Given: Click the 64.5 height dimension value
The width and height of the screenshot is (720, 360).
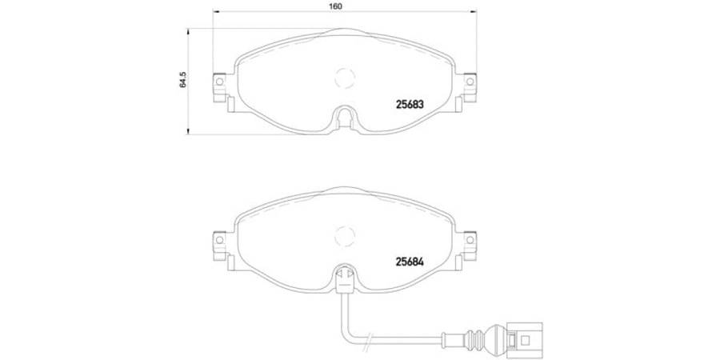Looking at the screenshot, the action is click(182, 79).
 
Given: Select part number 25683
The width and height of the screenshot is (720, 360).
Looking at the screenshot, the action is click(409, 104).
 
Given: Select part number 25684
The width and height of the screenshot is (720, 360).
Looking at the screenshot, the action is click(409, 262).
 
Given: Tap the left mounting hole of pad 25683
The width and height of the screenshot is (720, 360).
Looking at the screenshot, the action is click(219, 82).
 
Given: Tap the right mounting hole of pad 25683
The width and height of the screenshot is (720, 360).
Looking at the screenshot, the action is click(470, 82).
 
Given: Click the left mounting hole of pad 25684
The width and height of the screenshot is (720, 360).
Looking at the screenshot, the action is click(219, 240).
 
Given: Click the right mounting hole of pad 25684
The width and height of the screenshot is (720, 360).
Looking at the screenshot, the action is click(470, 240).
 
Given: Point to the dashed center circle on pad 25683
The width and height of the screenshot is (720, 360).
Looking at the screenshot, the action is click(345, 78).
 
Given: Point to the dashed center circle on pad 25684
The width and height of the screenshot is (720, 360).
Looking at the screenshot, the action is click(345, 236).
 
